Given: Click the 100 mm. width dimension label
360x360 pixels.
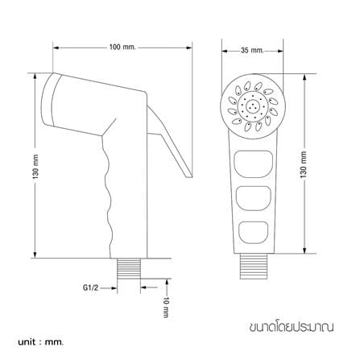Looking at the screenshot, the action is point(122,48).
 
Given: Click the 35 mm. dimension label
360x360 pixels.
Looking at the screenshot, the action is point(252,50).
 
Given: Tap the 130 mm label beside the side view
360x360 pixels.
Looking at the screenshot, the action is point(36,167).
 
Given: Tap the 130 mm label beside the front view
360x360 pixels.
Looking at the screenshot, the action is point(304,164).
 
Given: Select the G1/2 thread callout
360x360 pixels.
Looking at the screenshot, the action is point(90,288).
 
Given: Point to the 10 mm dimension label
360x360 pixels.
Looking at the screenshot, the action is point(167,307).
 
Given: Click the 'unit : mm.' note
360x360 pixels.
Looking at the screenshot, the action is point(41,342).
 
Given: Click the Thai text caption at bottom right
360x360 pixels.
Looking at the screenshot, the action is point(292,327).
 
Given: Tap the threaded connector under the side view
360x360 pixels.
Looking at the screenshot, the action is point(129,268).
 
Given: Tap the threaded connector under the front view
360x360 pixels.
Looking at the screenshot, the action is point(254,267).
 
